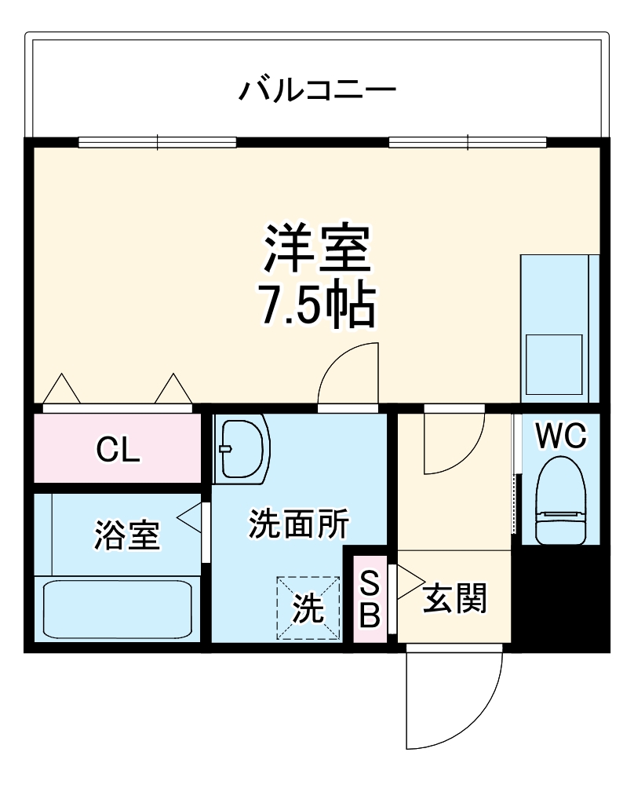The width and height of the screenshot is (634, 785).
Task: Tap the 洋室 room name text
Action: pos(317,250)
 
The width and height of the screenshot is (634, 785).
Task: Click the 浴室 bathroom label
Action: pos(127,535)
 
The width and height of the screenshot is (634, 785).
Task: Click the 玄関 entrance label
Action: pos(455,600)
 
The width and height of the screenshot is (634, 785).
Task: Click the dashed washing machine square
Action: pos(308,608)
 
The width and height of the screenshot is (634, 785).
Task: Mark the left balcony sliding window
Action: pos(158,142)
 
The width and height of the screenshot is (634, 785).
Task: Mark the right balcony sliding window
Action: pos(468,142)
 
